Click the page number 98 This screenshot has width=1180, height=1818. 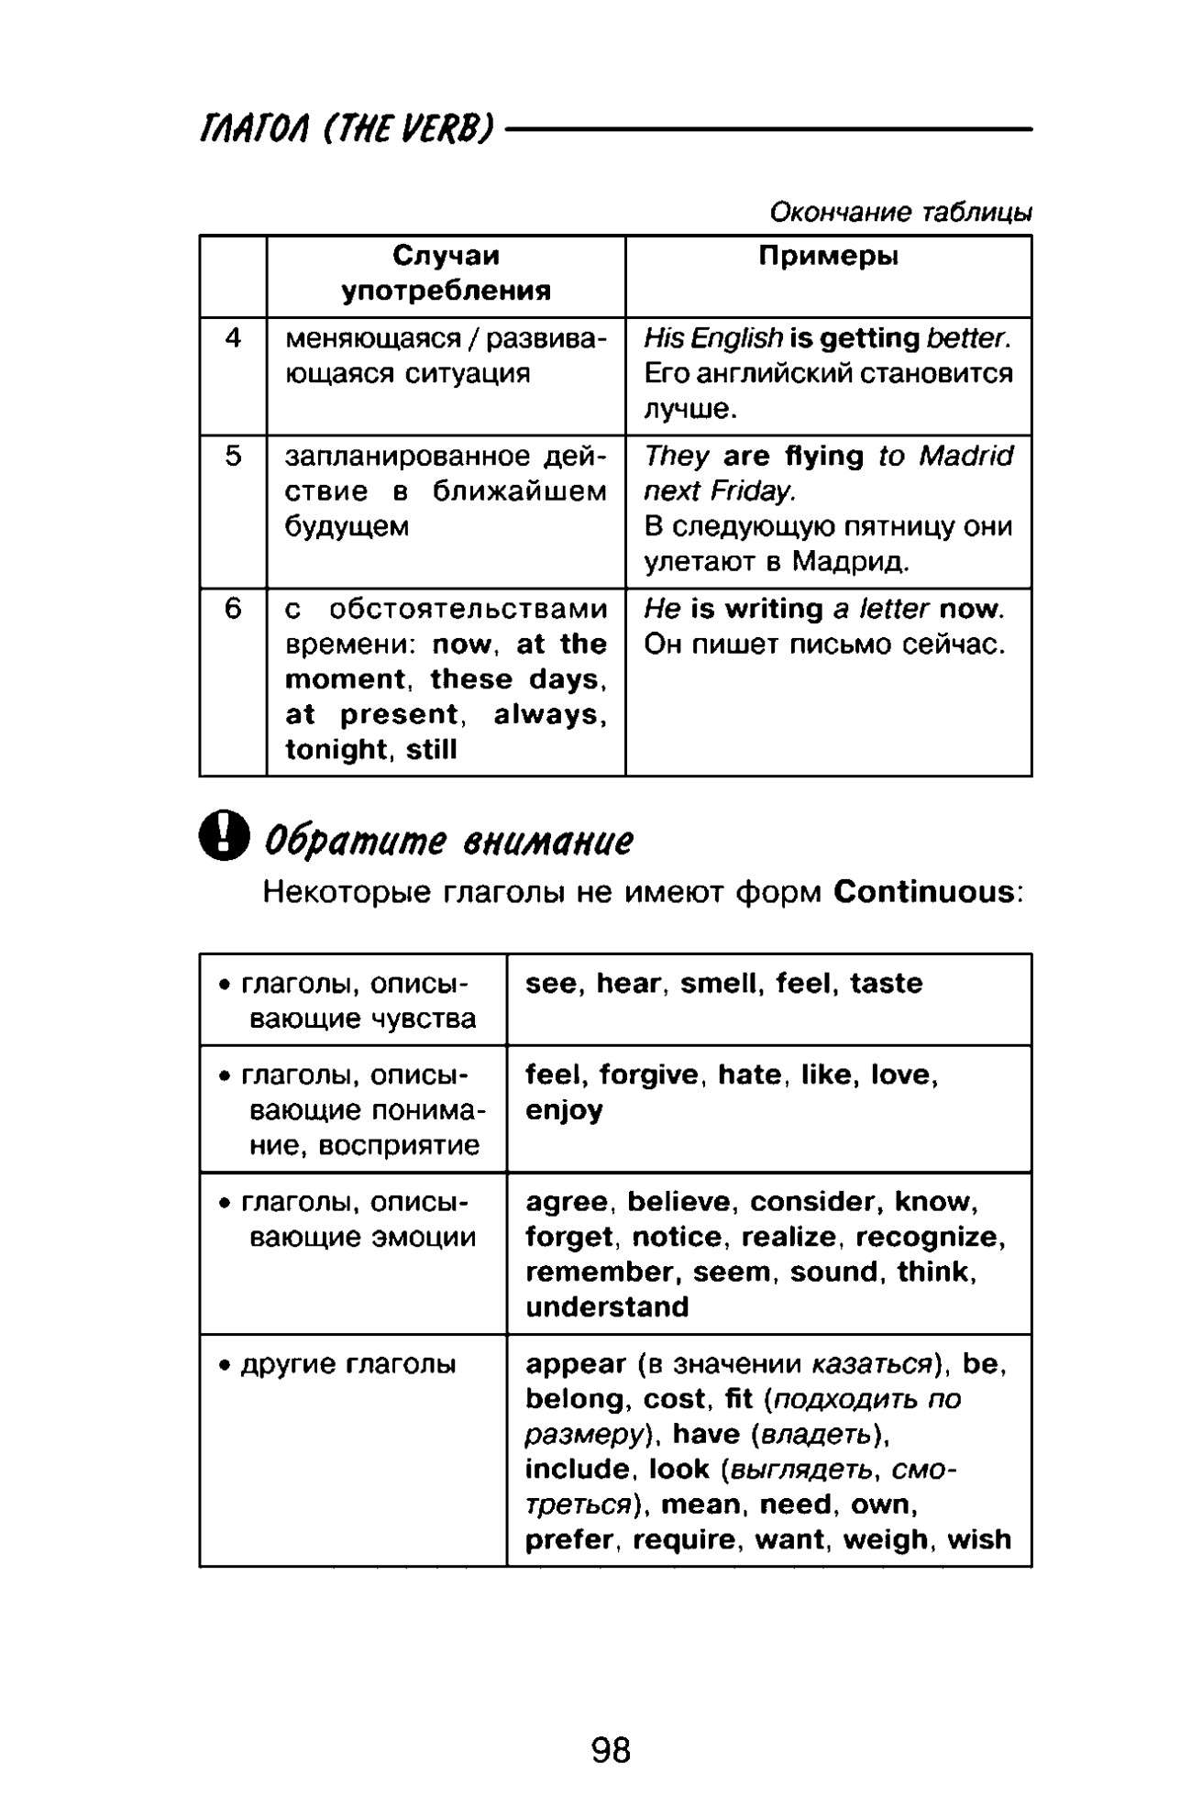611,1750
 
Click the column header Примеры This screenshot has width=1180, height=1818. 828,257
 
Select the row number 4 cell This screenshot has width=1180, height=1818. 233,339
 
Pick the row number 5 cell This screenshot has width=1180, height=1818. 233,457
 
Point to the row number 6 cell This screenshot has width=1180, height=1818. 233,609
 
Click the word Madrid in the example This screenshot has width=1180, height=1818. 966,457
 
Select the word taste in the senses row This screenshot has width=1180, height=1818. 886,984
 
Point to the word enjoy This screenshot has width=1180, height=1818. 564,1111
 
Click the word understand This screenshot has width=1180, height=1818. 607,1307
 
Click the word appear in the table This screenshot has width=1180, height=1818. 576,1364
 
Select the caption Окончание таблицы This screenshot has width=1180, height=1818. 900,213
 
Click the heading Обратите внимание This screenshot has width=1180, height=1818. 448,840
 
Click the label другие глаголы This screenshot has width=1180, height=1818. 347,1365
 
